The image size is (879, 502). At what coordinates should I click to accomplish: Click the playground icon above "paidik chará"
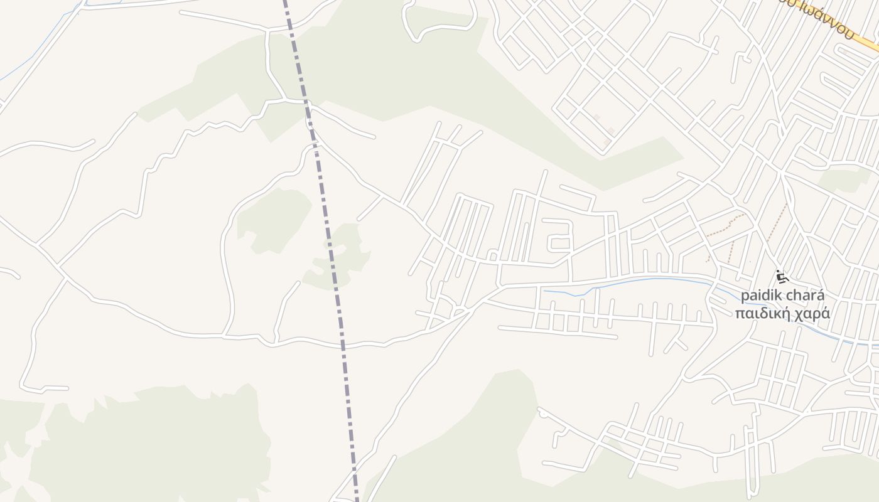[781, 277]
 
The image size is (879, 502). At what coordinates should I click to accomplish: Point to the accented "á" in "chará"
[821, 296]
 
